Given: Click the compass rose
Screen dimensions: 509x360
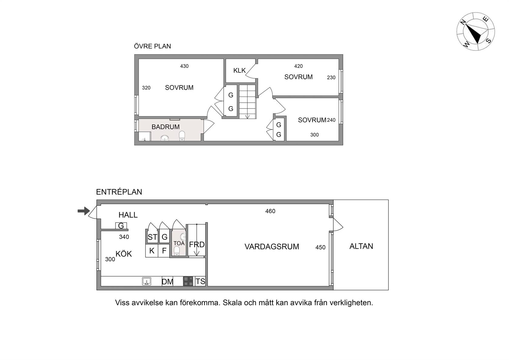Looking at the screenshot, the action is pos(476,32).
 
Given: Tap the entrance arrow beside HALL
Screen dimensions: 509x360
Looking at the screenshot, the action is pos(84,211).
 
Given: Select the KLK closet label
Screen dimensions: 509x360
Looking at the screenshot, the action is pos(239,70).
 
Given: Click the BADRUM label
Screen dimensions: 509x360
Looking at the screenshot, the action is pos(165,127).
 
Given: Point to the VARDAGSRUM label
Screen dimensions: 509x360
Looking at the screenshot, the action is pos(272,247).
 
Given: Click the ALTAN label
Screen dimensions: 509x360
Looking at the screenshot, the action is pos(361,246).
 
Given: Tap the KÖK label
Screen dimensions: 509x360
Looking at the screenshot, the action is pos(124,254).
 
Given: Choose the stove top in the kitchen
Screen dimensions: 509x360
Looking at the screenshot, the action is pos(188,281).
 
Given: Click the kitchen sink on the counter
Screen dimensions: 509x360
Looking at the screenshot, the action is pos(147,281).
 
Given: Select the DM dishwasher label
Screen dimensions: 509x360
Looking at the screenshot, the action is pos(167,282).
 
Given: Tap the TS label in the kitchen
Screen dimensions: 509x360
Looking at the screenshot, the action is pos(200,281).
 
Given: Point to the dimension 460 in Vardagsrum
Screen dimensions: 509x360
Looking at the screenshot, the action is pos(270,211).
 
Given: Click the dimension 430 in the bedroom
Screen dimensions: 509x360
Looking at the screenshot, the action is pos(184,66).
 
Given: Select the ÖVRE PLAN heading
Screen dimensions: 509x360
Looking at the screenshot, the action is pos(152,46).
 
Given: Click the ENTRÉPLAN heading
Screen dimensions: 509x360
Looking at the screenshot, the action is pos(119,192).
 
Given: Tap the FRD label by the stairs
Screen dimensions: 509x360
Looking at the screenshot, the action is pos(197,245).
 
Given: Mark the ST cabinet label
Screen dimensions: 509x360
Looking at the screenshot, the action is pos(152,237).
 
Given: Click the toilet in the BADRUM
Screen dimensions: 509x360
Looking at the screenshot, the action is pos(182,136).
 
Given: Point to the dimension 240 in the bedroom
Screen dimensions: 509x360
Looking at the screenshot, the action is pos(331,120).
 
